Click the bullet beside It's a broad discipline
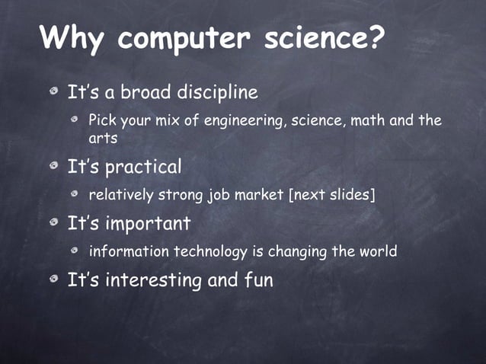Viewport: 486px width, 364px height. coord(53,94)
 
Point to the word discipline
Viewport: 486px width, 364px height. coord(218,93)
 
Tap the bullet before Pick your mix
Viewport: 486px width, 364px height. coord(76,122)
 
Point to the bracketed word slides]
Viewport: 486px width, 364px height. coord(350,196)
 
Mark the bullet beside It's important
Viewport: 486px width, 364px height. coord(53,224)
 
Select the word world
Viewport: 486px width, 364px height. coord(376,251)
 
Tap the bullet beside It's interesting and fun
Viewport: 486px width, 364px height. coord(53,280)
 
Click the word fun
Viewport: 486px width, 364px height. coord(258,280)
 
